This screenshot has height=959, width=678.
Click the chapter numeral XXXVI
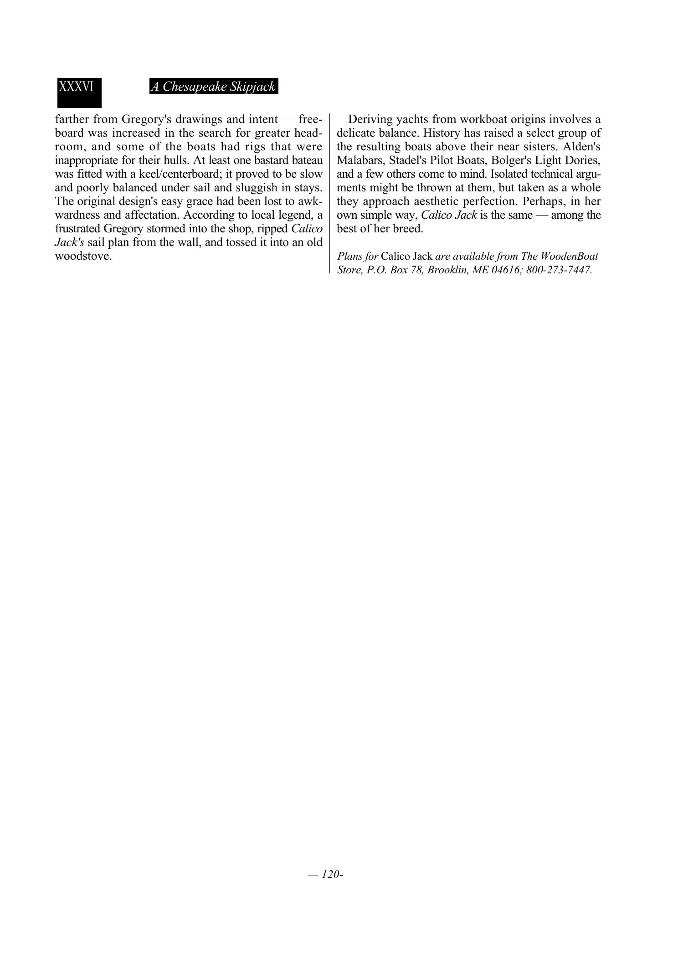point(76,87)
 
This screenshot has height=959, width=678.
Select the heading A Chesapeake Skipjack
point(213,87)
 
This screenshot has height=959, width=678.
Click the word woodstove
point(83,256)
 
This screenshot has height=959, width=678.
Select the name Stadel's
point(408,160)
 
